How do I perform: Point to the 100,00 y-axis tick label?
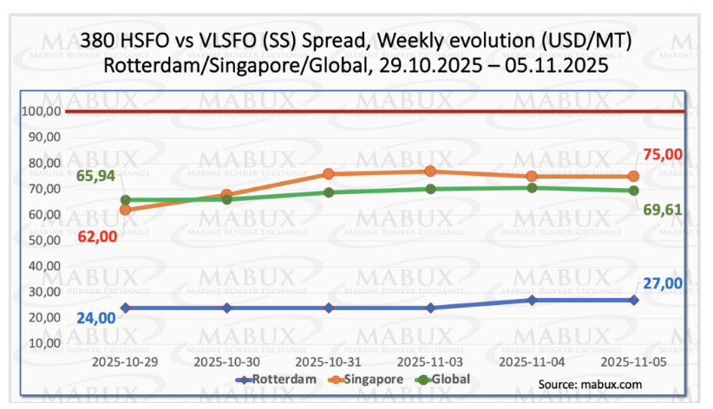tap(41, 112)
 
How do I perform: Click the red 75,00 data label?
tap(662, 155)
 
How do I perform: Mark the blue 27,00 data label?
tap(662, 282)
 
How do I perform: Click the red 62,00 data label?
tap(95, 234)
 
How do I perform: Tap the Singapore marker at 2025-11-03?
tap(431, 172)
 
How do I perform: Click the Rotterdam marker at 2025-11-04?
tap(533, 301)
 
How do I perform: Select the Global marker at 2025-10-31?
tap(330, 192)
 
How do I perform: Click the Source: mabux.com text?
tap(590, 384)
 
